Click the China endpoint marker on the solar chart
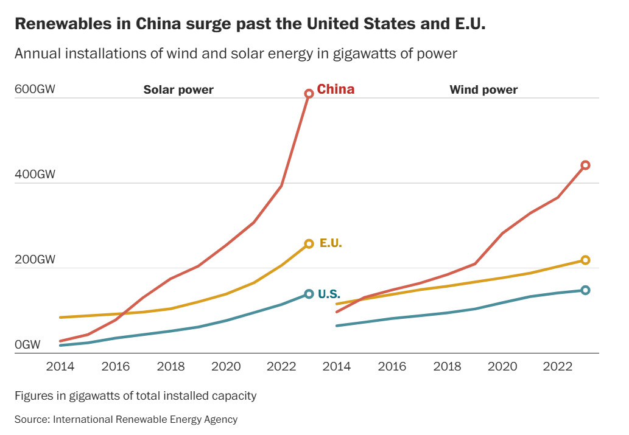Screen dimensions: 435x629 tap(309, 93)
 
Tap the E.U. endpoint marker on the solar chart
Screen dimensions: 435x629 tap(309, 243)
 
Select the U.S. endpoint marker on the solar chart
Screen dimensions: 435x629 tap(309, 294)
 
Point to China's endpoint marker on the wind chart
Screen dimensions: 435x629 tap(585, 165)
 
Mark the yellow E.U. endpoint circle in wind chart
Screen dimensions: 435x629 tap(585, 260)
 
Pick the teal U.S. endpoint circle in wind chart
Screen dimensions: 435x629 tap(585, 290)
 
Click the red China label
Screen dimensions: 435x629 tap(336, 89)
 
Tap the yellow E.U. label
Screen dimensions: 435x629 tap(331, 243)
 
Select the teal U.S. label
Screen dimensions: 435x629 tap(329, 294)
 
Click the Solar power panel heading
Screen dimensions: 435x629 tap(178, 90)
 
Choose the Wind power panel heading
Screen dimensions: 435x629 tap(483, 90)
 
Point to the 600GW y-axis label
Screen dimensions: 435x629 tap(35, 89)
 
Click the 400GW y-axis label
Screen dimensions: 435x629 tap(35, 175)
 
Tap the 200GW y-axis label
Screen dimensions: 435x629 tap(35, 260)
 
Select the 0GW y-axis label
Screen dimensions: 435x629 tap(27, 345)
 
